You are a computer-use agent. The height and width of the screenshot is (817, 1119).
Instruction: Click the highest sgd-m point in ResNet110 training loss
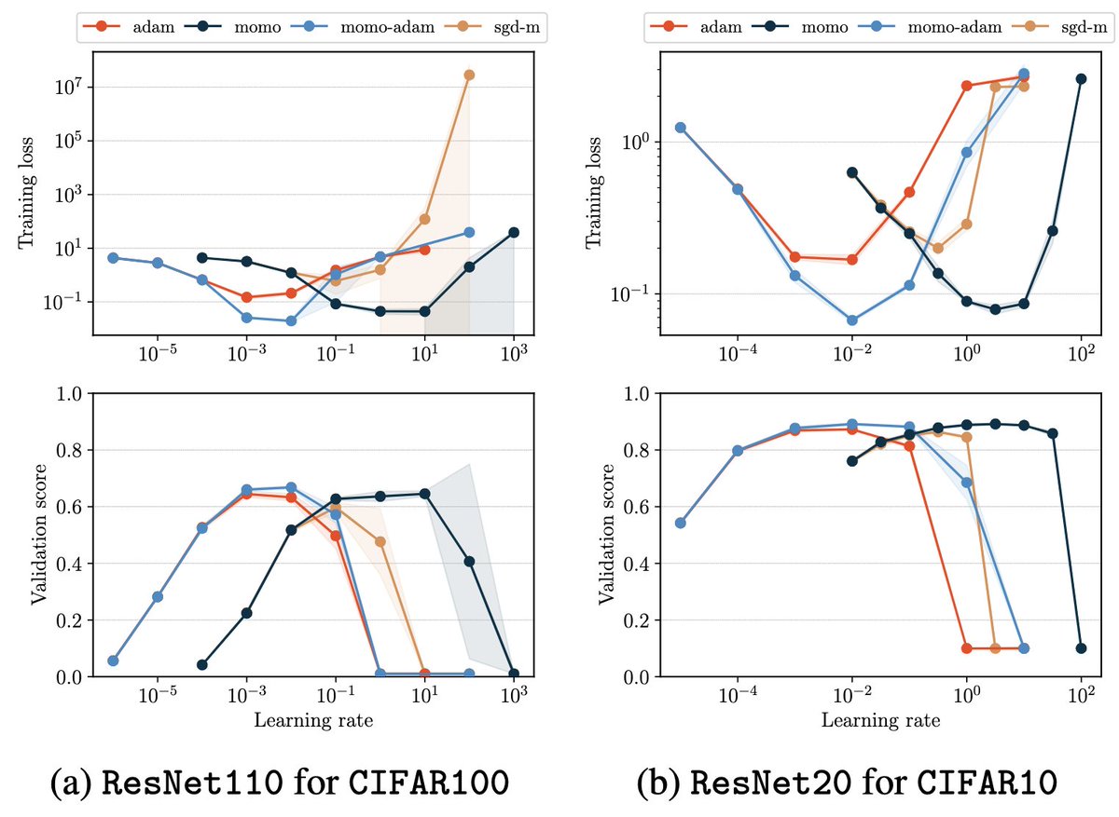[469, 75]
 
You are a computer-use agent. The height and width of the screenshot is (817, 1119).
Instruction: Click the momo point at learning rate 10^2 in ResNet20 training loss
[1081, 79]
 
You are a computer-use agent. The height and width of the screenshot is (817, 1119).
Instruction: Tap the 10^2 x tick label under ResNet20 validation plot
[1082, 695]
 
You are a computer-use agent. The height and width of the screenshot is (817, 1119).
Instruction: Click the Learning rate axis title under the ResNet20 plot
[880, 721]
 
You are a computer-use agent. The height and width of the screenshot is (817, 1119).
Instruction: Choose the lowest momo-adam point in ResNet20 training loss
[852, 320]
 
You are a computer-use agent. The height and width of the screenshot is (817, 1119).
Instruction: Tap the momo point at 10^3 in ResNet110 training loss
[514, 232]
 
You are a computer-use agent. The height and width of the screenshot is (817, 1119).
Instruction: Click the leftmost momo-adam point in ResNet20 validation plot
[681, 523]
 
